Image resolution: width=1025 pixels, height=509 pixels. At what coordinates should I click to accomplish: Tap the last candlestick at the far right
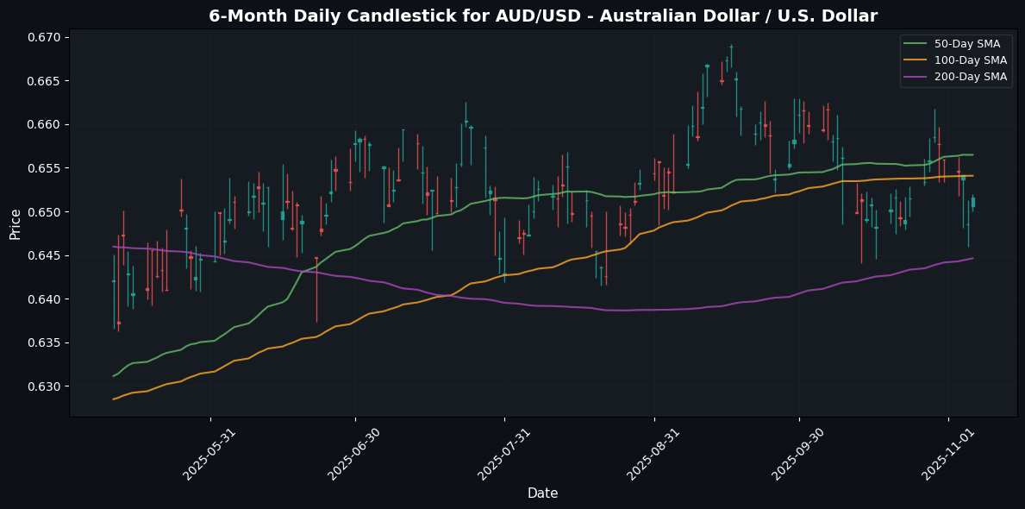[973, 202]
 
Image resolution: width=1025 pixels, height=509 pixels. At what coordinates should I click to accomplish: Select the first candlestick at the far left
[113, 280]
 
